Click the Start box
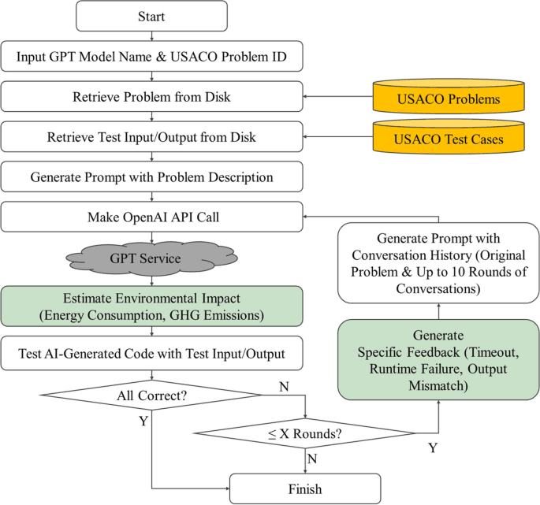[x=152, y=16]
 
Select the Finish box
[x=304, y=489]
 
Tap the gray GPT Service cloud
[x=152, y=258]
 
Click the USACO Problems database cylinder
[x=448, y=98]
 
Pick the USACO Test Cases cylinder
[x=448, y=139]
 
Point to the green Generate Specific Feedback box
[x=439, y=359]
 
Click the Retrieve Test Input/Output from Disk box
[x=152, y=138]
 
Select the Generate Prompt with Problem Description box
[x=152, y=177]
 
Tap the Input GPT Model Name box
[x=152, y=57]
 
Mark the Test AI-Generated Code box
[x=152, y=354]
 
